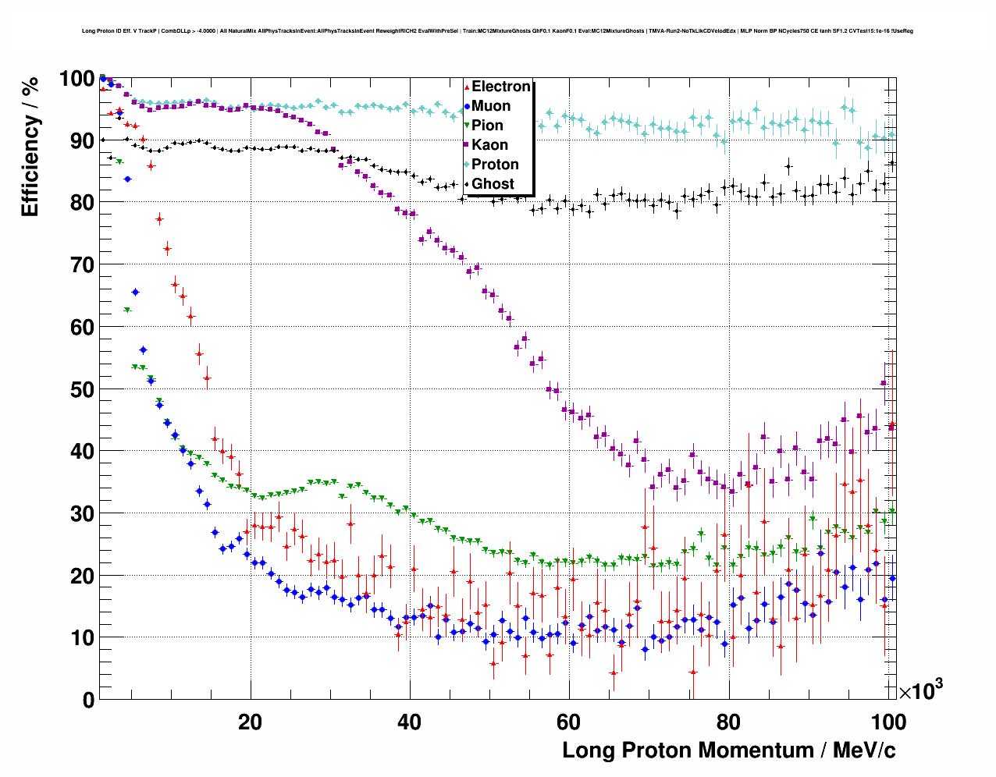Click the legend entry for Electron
500,87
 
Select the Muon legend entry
491,106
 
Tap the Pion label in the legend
487,126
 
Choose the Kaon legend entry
489,145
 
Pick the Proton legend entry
495,165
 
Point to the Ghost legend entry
493,184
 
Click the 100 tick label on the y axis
76,79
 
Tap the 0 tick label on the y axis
88,701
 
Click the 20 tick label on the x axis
251,722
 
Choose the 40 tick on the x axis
410,722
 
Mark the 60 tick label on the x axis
569,722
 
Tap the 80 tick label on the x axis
728,722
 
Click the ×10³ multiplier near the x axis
920,690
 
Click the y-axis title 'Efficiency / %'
30,147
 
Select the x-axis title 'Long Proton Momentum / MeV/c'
728,750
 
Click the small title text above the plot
497,31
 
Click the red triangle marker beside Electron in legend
467,87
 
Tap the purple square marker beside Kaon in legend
467,145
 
